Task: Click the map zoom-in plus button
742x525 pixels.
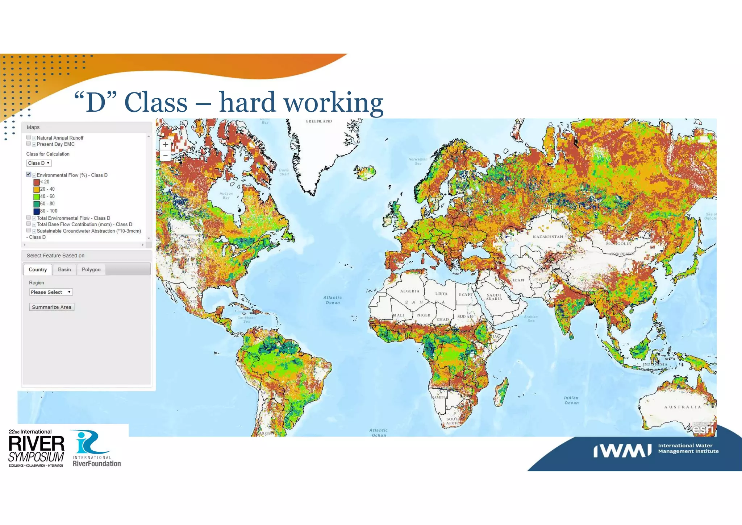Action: pyautogui.click(x=165, y=144)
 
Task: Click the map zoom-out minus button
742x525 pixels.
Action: pyautogui.click(x=165, y=156)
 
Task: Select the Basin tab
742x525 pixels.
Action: pyautogui.click(x=64, y=269)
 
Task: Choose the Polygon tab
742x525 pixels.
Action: pyautogui.click(x=91, y=269)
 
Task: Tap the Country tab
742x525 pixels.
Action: pyautogui.click(x=38, y=269)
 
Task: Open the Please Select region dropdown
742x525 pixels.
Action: pyautogui.click(x=51, y=292)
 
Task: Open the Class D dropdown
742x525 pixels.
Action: pyautogui.click(x=39, y=163)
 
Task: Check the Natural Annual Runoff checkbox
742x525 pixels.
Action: pyautogui.click(x=29, y=137)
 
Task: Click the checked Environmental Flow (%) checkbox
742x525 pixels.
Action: pyautogui.click(x=29, y=175)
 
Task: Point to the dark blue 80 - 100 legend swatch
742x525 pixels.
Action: pyautogui.click(x=37, y=211)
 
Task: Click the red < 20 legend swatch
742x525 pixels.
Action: pyautogui.click(x=37, y=182)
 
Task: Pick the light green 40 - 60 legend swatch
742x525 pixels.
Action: pyautogui.click(x=37, y=197)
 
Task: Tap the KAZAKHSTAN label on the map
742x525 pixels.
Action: pyautogui.click(x=548, y=237)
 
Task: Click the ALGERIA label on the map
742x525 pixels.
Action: pyautogui.click(x=410, y=291)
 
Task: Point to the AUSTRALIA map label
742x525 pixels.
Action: pyautogui.click(x=683, y=407)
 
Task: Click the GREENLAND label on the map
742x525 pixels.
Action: pyautogui.click(x=319, y=121)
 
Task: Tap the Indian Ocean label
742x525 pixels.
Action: pyautogui.click(x=571, y=400)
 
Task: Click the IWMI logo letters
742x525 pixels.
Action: pyautogui.click(x=622, y=451)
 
